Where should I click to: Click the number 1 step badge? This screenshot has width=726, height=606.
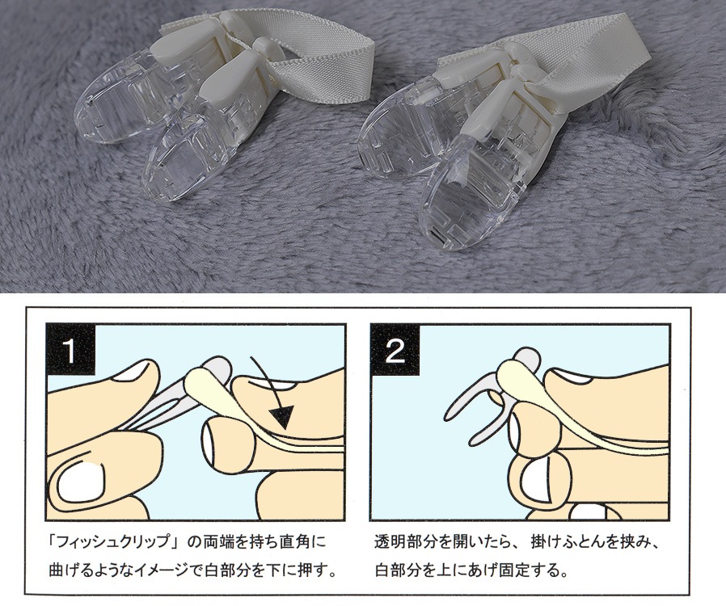70,350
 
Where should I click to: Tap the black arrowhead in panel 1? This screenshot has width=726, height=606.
282,417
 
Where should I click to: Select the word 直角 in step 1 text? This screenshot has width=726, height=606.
297,541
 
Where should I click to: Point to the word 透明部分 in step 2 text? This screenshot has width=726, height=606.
406,541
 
